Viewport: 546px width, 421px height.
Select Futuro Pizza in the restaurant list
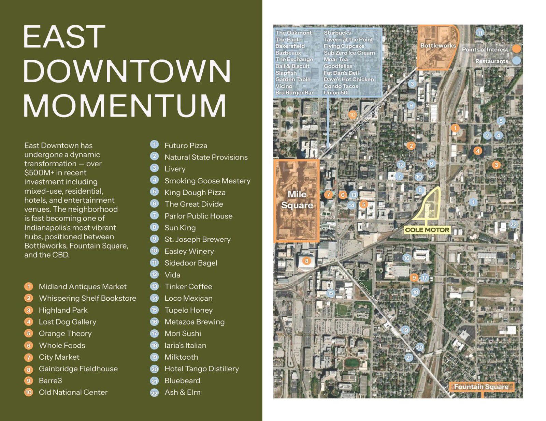tap(186, 146)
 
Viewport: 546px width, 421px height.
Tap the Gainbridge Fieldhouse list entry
tap(78, 369)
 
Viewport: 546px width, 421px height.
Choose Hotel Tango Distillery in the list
tap(201, 369)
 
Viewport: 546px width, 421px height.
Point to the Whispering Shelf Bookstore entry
tap(87, 298)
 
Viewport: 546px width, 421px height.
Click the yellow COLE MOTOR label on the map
tap(427, 230)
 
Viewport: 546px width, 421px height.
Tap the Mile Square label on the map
tap(297, 199)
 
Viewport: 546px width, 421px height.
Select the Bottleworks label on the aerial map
tap(438, 45)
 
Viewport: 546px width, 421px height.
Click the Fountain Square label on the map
tap(481, 387)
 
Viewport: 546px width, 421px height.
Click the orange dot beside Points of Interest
tap(517, 49)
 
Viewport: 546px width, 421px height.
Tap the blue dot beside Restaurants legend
tap(517, 61)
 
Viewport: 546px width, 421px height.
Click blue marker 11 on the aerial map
tap(480, 33)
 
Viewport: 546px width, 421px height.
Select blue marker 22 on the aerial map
tap(513, 224)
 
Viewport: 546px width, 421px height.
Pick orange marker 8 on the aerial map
tap(306, 261)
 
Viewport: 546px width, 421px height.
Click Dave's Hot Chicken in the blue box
tap(349, 79)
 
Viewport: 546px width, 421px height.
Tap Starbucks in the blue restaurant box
tap(337, 33)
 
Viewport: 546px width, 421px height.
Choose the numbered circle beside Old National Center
tap(29, 392)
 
